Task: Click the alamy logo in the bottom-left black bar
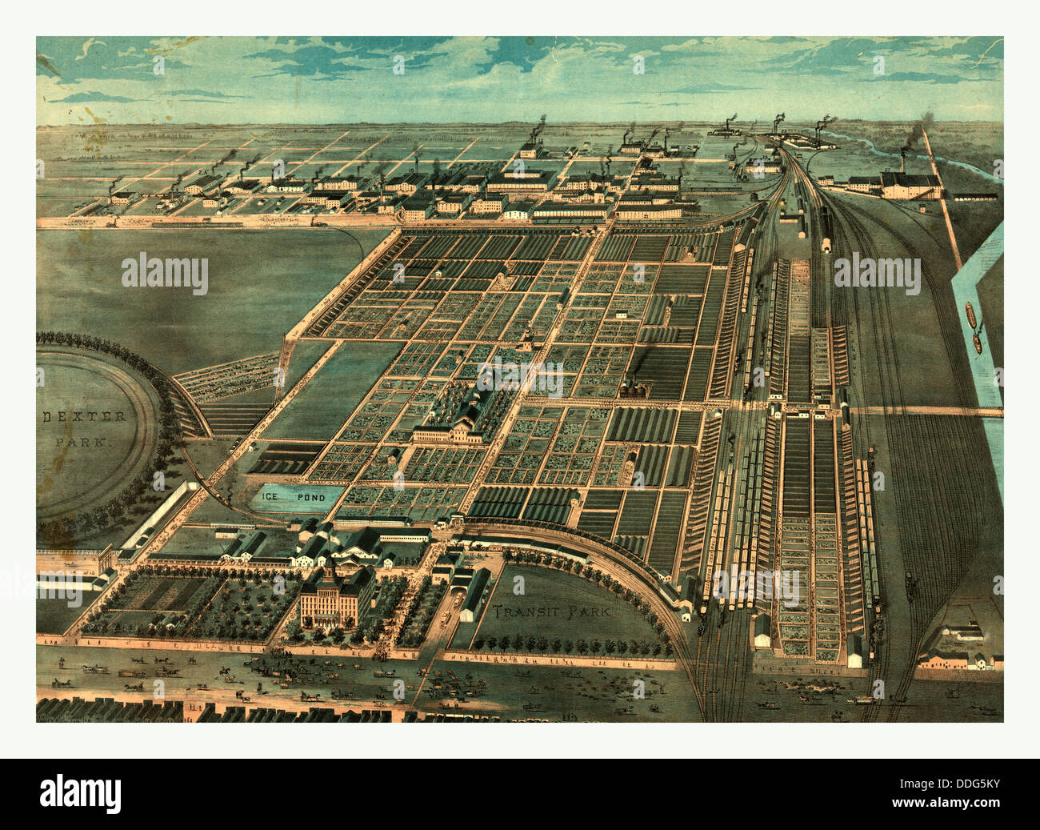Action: [81, 793]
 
